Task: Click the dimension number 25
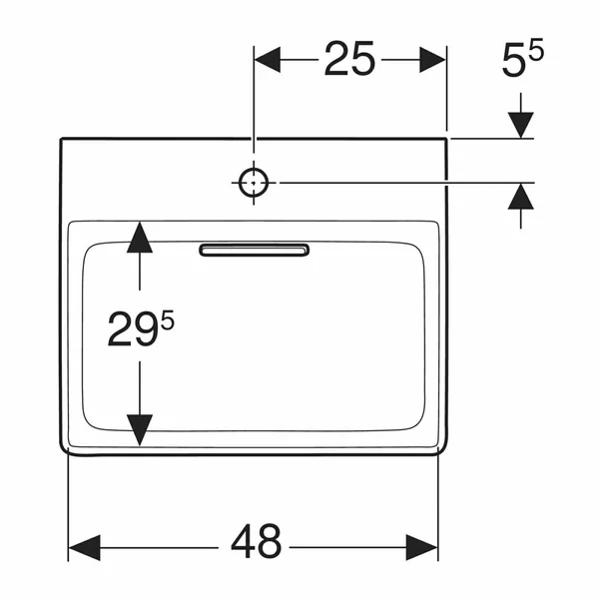[349, 58]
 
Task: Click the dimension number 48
[257, 541]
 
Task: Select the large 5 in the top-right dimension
[514, 60]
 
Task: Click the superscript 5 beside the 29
[168, 320]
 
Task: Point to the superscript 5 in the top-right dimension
[536, 49]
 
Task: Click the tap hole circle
[254, 183]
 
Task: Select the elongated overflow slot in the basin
[254, 250]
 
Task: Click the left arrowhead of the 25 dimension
[268, 60]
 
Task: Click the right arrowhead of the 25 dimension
[432, 60]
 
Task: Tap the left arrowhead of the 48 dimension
[84, 547]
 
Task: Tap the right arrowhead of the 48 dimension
[422, 547]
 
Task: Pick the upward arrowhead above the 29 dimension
[140, 238]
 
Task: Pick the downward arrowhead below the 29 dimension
[140, 430]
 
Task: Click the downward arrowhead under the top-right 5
[520, 125]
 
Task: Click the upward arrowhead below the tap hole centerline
[520, 197]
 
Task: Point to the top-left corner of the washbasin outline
[61, 138]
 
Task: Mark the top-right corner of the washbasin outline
[446, 138]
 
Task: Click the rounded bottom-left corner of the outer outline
[63, 451]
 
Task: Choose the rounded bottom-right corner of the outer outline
[444, 450]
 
